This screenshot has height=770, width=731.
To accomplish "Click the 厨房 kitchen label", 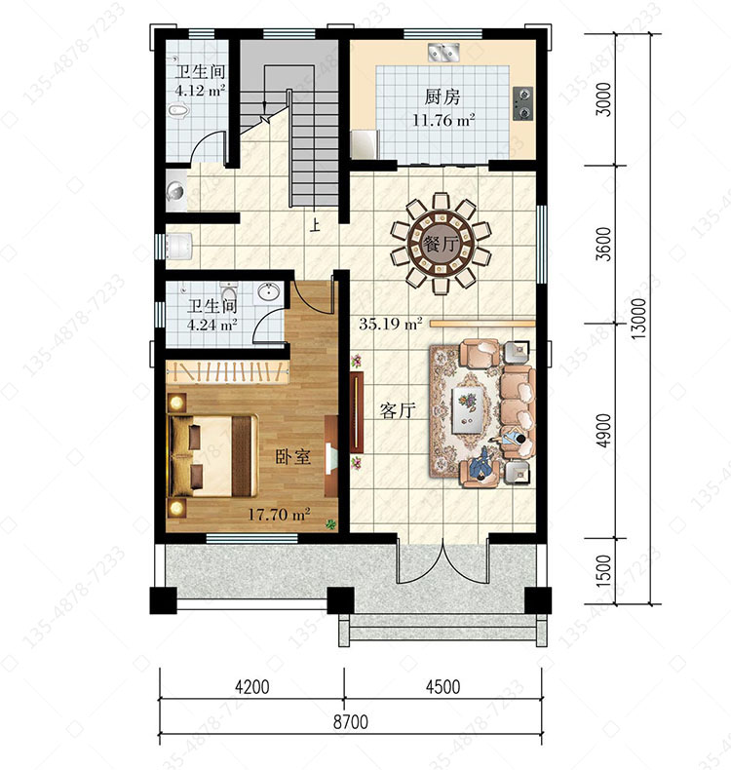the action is pyautogui.click(x=442, y=96).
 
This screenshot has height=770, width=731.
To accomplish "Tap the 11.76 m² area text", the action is pyautogui.click(x=443, y=120).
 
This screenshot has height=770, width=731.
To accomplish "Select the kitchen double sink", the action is pyautogui.click(x=443, y=52).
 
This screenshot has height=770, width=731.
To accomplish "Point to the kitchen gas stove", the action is pyautogui.click(x=522, y=103).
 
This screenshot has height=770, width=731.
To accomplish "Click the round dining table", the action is pyautogui.click(x=441, y=244).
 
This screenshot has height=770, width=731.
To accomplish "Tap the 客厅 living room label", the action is pyautogui.click(x=398, y=410).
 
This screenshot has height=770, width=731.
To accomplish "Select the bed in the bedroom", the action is pyautogui.click(x=212, y=456).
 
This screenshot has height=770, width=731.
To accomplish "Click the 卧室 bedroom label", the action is pyautogui.click(x=292, y=457).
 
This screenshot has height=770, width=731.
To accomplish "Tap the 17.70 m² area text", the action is pyautogui.click(x=279, y=515).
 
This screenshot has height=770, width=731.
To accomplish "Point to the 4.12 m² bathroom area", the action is pyautogui.click(x=201, y=91).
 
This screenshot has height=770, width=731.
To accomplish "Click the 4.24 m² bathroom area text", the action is pyautogui.click(x=212, y=325).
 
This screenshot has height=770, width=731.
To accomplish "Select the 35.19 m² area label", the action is pyautogui.click(x=390, y=324).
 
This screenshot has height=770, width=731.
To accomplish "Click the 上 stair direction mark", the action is pyautogui.click(x=314, y=224).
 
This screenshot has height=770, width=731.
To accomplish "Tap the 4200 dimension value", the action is pyautogui.click(x=251, y=686).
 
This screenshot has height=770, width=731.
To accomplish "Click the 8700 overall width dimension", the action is pyautogui.click(x=351, y=722).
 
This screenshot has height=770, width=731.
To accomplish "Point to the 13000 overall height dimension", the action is pyautogui.click(x=638, y=319).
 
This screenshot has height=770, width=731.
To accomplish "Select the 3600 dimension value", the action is pyautogui.click(x=604, y=244).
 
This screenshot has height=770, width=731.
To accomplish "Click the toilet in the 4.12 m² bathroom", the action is pyautogui.click(x=178, y=111).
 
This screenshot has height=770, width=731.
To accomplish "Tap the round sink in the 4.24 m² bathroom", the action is pyautogui.click(x=268, y=292).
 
